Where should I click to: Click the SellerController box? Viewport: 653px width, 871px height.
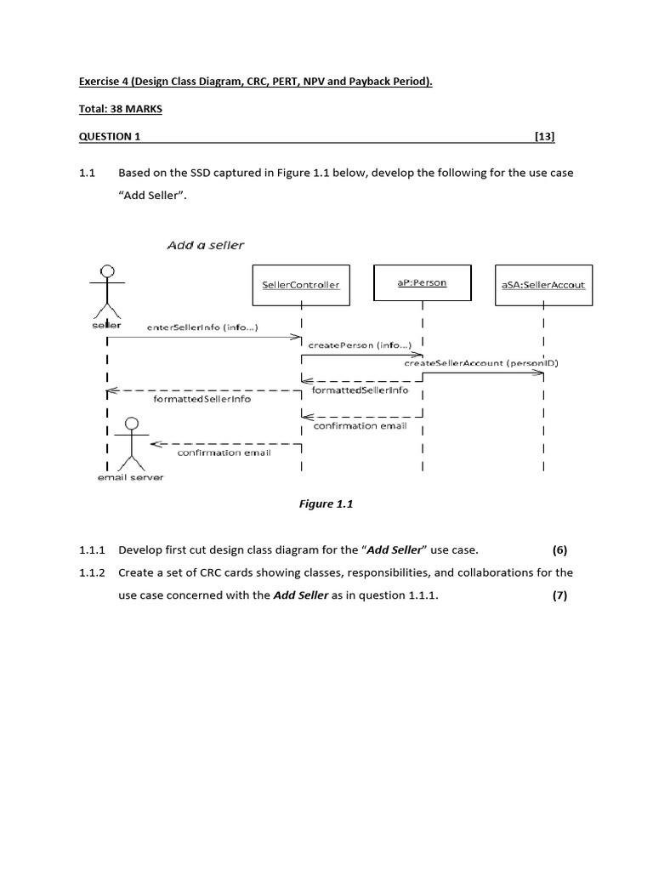pos(301,285)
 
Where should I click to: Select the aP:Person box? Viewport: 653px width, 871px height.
pos(423,283)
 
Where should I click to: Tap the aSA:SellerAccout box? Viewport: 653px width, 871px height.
pos(542,285)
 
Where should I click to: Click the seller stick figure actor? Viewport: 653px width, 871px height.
pos(107,292)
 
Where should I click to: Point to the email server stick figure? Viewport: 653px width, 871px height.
pos(132,443)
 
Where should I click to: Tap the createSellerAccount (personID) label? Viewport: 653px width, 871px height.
pos(480,363)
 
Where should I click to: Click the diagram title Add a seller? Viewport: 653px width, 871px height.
pos(205,245)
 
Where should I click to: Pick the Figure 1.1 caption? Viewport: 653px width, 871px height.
pos(326,504)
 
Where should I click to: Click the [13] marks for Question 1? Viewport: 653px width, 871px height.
pos(544,136)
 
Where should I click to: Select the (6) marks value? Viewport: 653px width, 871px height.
pos(559,549)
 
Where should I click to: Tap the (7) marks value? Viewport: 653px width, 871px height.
pos(559,595)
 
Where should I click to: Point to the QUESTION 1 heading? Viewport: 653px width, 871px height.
pos(105,136)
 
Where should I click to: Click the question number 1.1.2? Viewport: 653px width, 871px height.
pos(92,572)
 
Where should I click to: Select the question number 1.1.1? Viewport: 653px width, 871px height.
pos(92,549)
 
